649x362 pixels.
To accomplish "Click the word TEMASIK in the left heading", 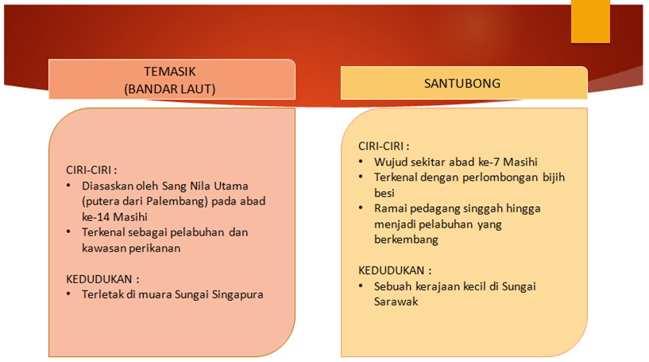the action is pos(170,72).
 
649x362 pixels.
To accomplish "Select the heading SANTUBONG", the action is pos(462,84).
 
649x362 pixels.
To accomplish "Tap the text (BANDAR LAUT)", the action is pos(170,89).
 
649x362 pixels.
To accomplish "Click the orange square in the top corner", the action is pos(590,21).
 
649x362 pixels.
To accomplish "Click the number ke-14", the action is pos(95,217).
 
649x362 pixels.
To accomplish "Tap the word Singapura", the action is pos(238,295).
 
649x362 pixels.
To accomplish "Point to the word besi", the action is pos(384,193).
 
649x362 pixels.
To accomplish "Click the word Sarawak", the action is pos(396,302).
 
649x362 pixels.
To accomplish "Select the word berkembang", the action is pos(406,239).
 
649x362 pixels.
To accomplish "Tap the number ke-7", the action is pos(489,162).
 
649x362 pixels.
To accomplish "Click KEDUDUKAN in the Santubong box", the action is pos(391,271).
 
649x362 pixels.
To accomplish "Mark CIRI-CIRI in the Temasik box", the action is pos(89,170).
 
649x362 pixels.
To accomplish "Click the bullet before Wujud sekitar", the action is pos(361,162).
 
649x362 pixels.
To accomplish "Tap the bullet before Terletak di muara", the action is pos(68,294).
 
